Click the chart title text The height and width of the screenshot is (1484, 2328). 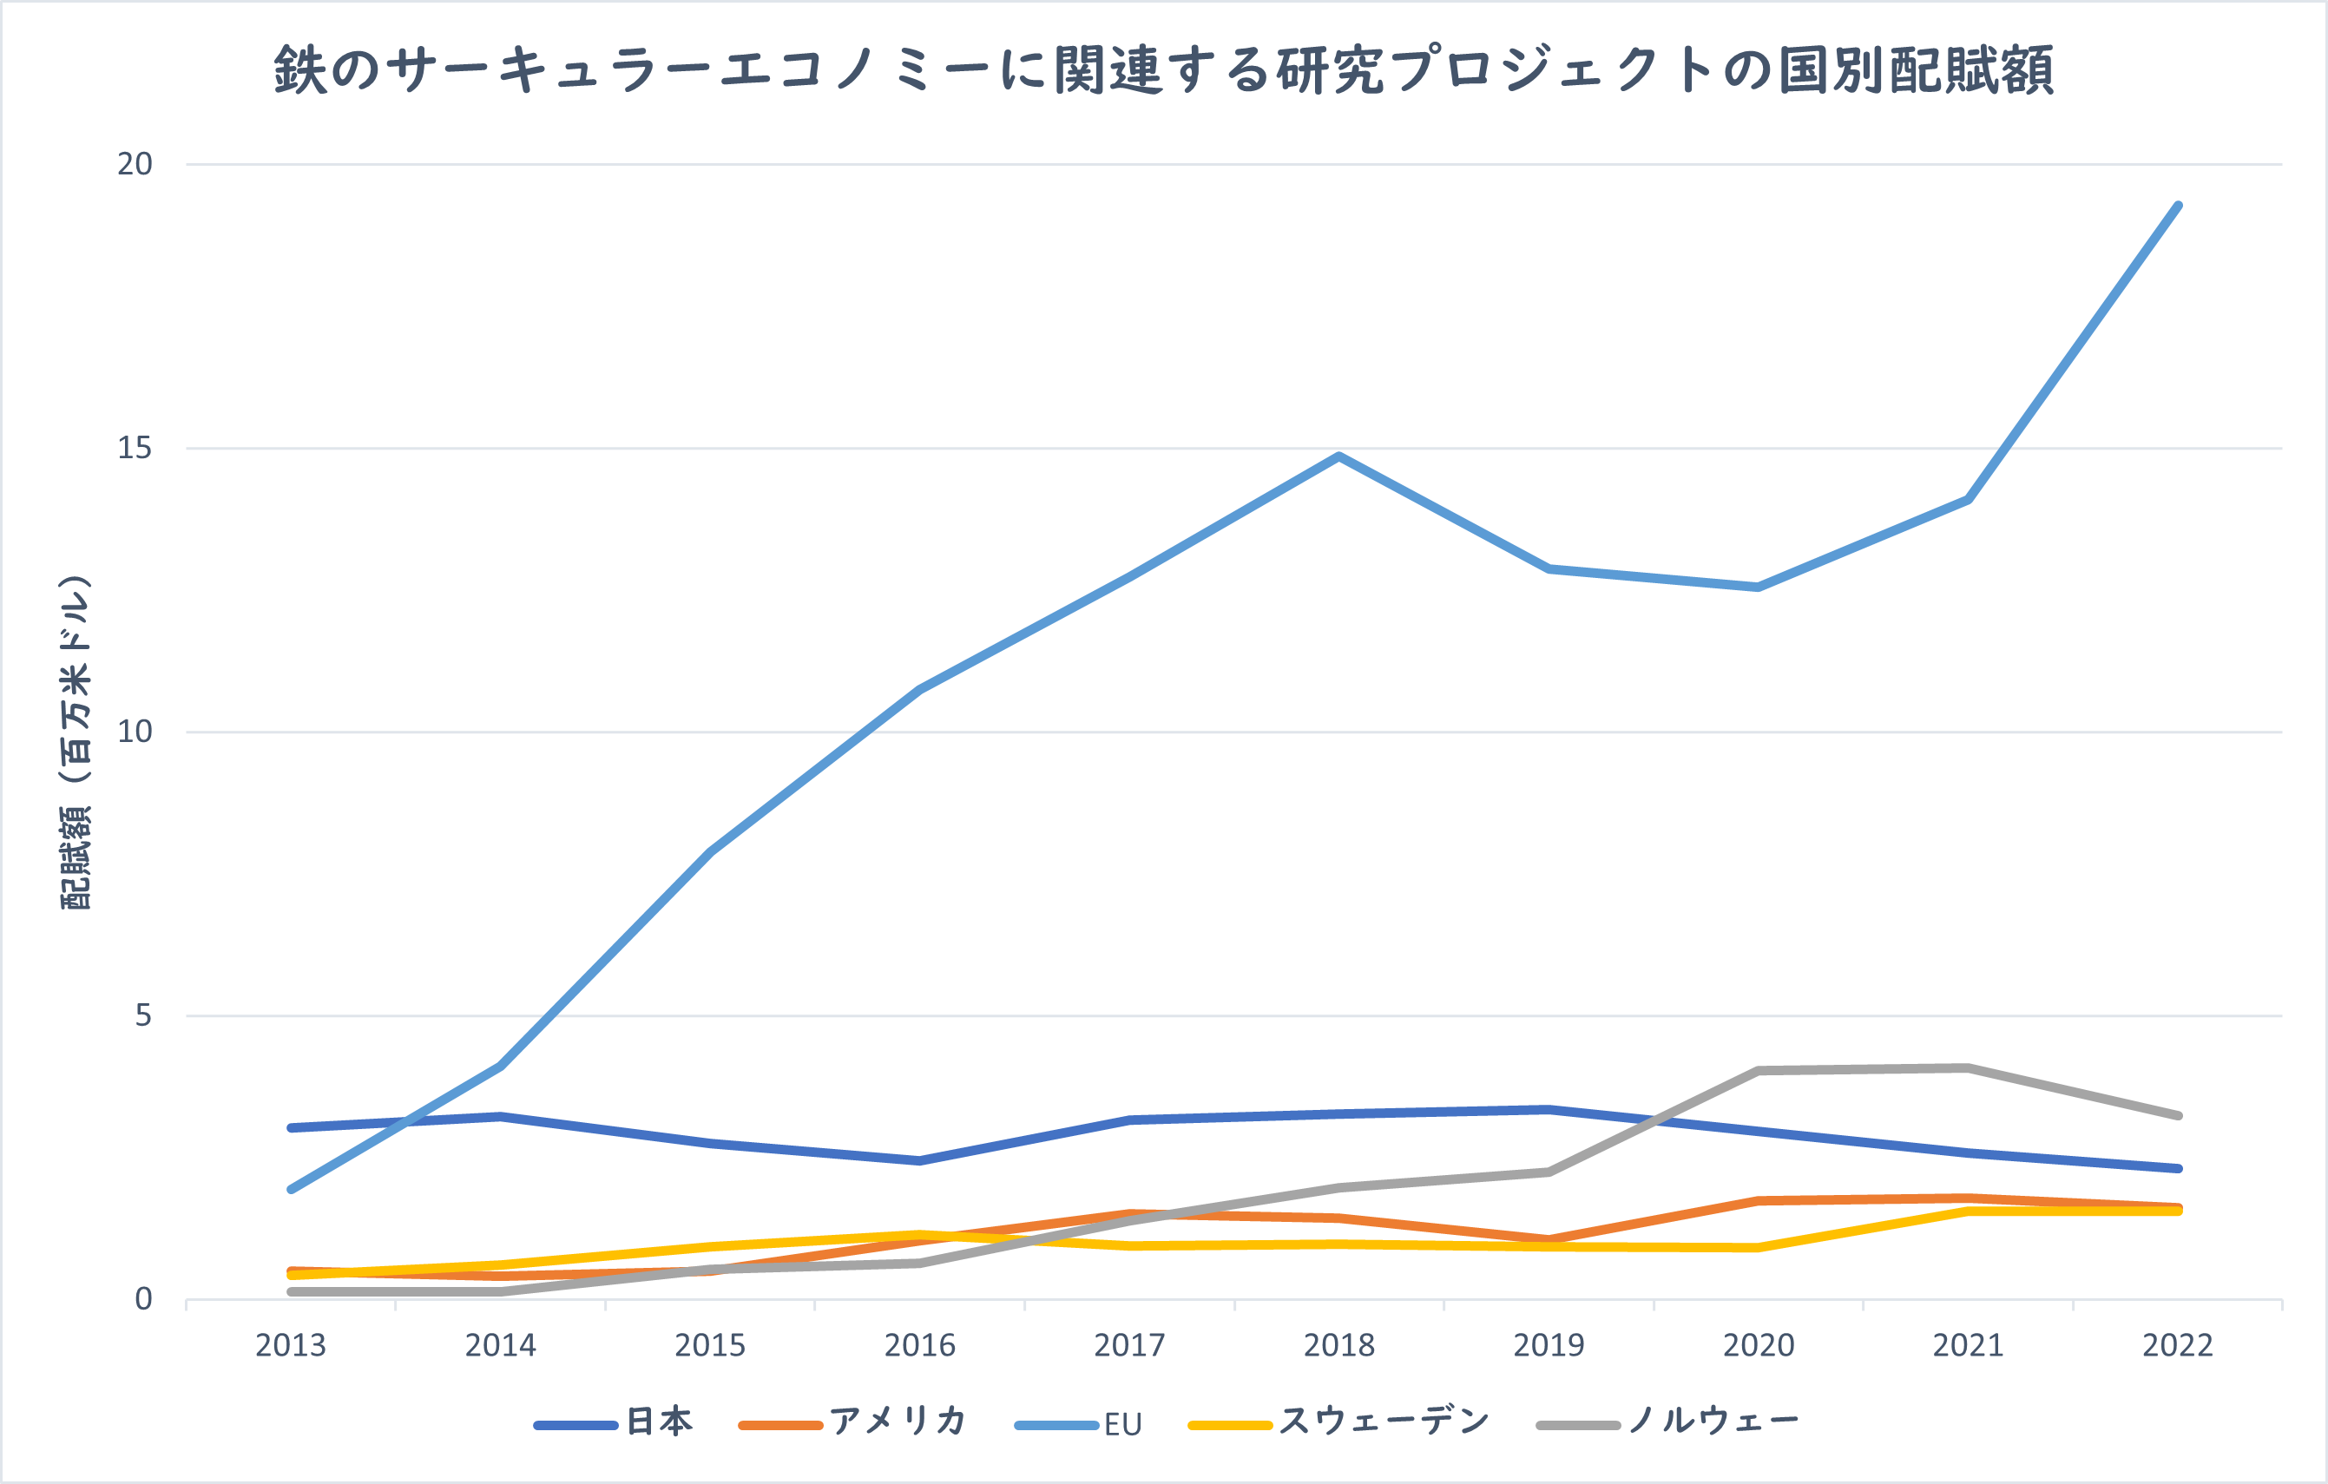pos(1164,69)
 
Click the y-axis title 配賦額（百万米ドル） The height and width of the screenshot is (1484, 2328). pos(76,743)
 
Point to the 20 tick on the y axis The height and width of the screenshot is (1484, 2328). pos(135,163)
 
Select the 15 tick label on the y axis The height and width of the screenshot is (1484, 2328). pos(135,448)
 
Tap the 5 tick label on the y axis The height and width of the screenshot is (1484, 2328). pos(143,1015)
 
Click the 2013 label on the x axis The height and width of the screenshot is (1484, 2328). pos(290,1345)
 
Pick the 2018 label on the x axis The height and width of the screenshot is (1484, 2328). pos(1339,1345)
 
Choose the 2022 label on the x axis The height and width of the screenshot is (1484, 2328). pos(2177,1345)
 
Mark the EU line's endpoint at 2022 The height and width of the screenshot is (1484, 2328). pos(2177,206)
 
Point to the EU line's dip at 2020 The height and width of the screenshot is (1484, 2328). pos(1758,587)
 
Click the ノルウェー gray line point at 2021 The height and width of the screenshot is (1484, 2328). pos(1968,1068)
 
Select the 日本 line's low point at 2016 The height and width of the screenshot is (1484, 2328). pos(919,1160)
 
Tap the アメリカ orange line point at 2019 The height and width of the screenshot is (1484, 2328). pos(1549,1239)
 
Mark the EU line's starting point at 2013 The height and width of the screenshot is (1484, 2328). pos(291,1189)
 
